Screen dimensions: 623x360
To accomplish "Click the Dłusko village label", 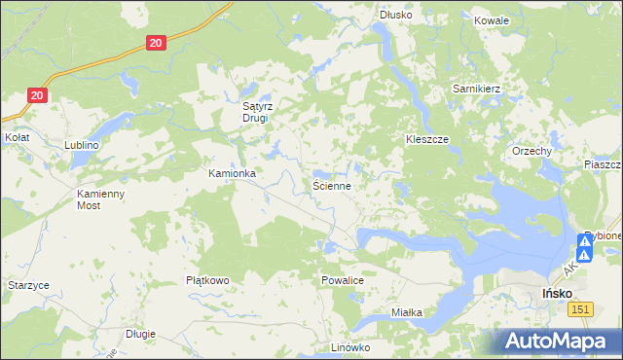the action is (396, 16).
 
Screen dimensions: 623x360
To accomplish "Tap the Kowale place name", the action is (491, 19).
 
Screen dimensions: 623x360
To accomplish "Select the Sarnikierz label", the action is (476, 89).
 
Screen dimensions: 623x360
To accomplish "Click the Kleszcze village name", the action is (426, 140).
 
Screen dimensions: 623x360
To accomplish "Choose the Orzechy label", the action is (532, 152).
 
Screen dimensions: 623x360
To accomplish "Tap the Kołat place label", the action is (17, 138).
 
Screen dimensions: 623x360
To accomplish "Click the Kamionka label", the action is (232, 174).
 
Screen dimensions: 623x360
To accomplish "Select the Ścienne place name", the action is (331, 184).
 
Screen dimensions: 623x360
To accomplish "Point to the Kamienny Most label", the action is (101, 199).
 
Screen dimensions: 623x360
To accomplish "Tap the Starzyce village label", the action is (28, 285).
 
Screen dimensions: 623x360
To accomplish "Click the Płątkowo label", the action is (207, 280).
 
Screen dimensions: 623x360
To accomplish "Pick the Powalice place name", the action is (342, 280).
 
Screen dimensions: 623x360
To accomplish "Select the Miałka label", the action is (406, 312).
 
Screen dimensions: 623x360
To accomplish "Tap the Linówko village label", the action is (351, 347).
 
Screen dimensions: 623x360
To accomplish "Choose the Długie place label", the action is (140, 334).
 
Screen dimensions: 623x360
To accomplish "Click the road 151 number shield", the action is (580, 308).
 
